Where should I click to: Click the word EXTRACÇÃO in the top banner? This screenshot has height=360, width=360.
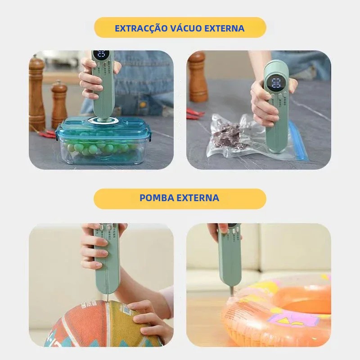click(x=141, y=28)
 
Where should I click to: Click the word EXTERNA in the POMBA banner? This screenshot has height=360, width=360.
click(x=200, y=198)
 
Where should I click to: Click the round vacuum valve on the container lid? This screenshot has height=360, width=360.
click(x=104, y=121)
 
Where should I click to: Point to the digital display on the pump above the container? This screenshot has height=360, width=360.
click(x=101, y=55)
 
